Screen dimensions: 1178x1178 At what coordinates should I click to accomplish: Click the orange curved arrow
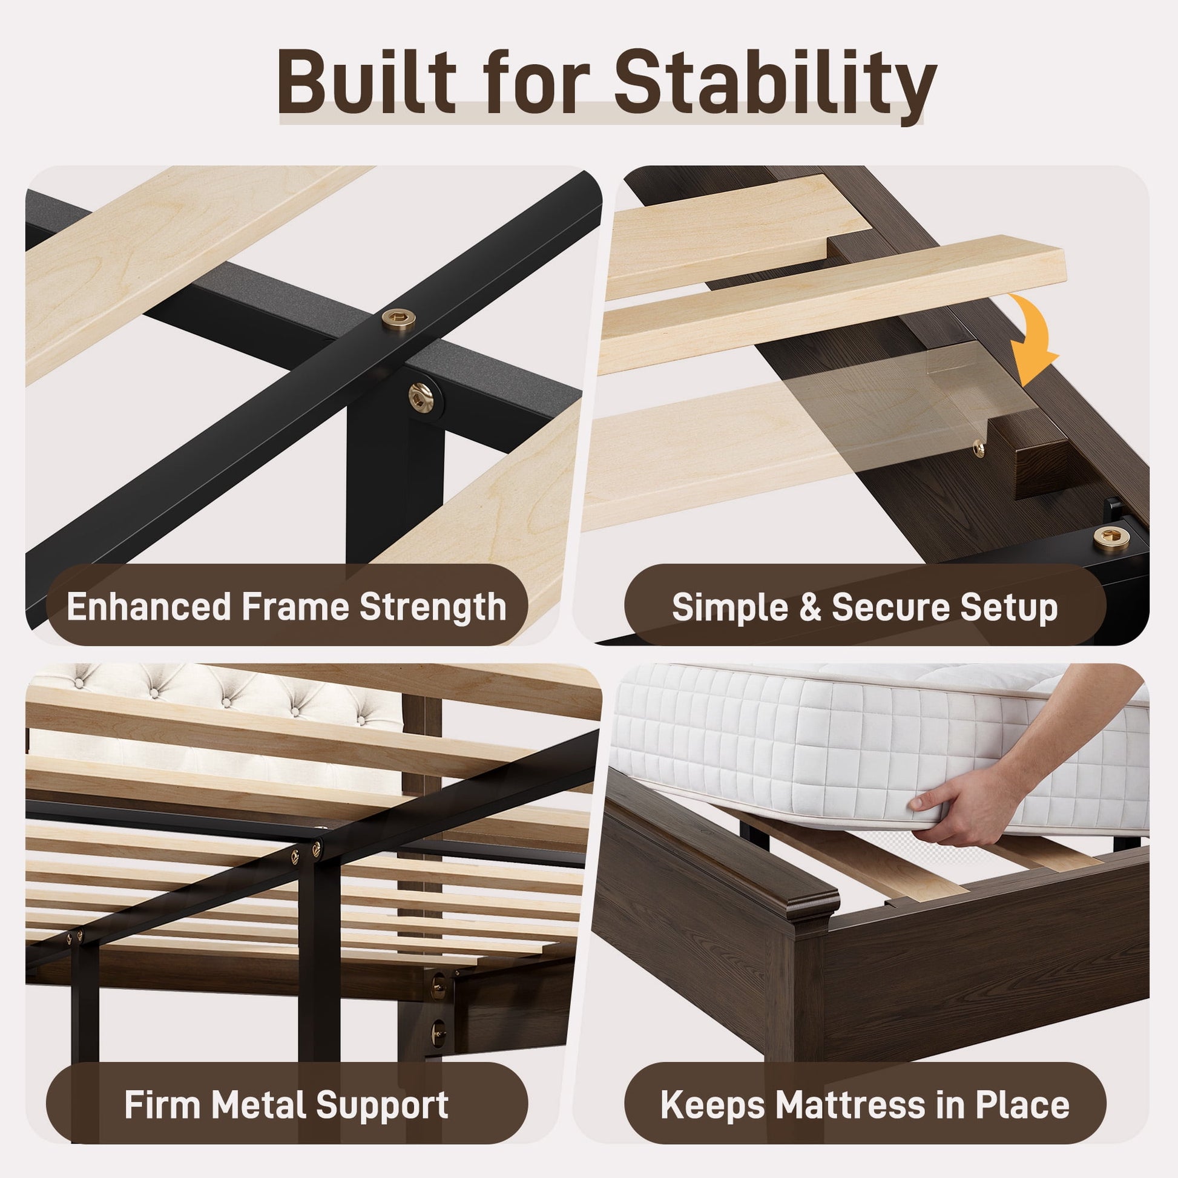(x=1033, y=338)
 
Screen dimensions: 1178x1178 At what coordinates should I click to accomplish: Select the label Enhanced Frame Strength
(x=286, y=606)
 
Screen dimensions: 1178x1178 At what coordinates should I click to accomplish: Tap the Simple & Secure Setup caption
(x=864, y=607)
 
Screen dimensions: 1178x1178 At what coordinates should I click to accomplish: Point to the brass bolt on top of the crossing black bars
(x=399, y=318)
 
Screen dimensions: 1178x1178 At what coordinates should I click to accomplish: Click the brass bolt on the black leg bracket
(x=421, y=398)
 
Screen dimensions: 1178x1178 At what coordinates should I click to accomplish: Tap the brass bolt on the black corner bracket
(x=1111, y=536)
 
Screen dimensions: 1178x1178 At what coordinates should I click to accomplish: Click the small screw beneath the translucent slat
(x=979, y=449)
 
